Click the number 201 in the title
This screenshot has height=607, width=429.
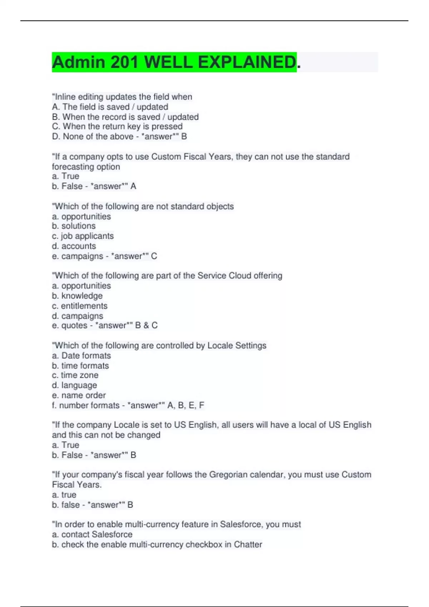(x=124, y=62)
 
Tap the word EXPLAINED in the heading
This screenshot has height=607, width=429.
(x=247, y=62)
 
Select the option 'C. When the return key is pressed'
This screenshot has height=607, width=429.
(x=117, y=126)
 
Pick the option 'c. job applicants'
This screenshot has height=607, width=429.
(x=83, y=236)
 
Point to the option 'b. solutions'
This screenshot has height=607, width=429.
(x=74, y=226)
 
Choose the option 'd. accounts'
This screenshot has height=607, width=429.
(x=74, y=246)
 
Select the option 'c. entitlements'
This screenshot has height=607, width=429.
(x=80, y=306)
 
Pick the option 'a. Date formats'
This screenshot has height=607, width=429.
(x=82, y=356)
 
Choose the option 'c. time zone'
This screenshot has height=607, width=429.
(x=75, y=375)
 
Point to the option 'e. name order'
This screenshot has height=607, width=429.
(x=79, y=395)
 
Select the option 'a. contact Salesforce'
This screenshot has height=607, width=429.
(x=92, y=535)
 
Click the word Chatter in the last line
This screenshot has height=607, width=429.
(x=248, y=545)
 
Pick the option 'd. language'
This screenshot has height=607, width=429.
(x=74, y=385)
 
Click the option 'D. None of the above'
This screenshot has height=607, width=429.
(x=93, y=136)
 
